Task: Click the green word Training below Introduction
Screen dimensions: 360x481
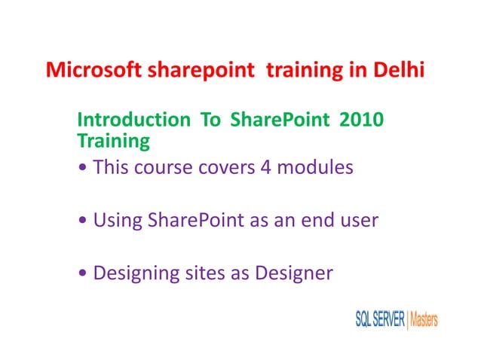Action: (114, 140)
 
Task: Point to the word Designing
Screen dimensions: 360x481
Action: (135, 273)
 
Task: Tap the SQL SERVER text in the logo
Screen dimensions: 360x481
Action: (379, 320)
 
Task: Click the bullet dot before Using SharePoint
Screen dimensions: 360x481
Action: (82, 221)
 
